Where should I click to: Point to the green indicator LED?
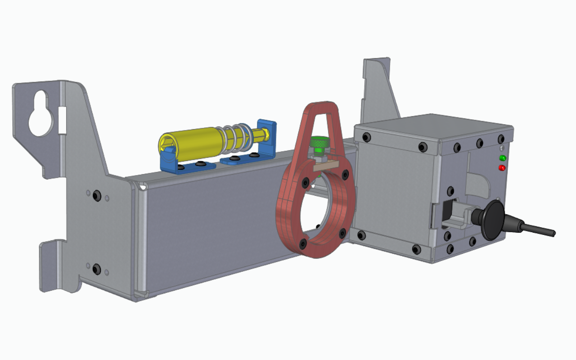(x=502, y=158)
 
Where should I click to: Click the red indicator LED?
(x=502, y=168)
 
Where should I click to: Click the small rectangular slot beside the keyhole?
(x=62, y=120)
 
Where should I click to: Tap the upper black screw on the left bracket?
(x=97, y=196)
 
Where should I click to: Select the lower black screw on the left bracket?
(x=96, y=269)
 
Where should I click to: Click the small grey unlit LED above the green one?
(x=501, y=148)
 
